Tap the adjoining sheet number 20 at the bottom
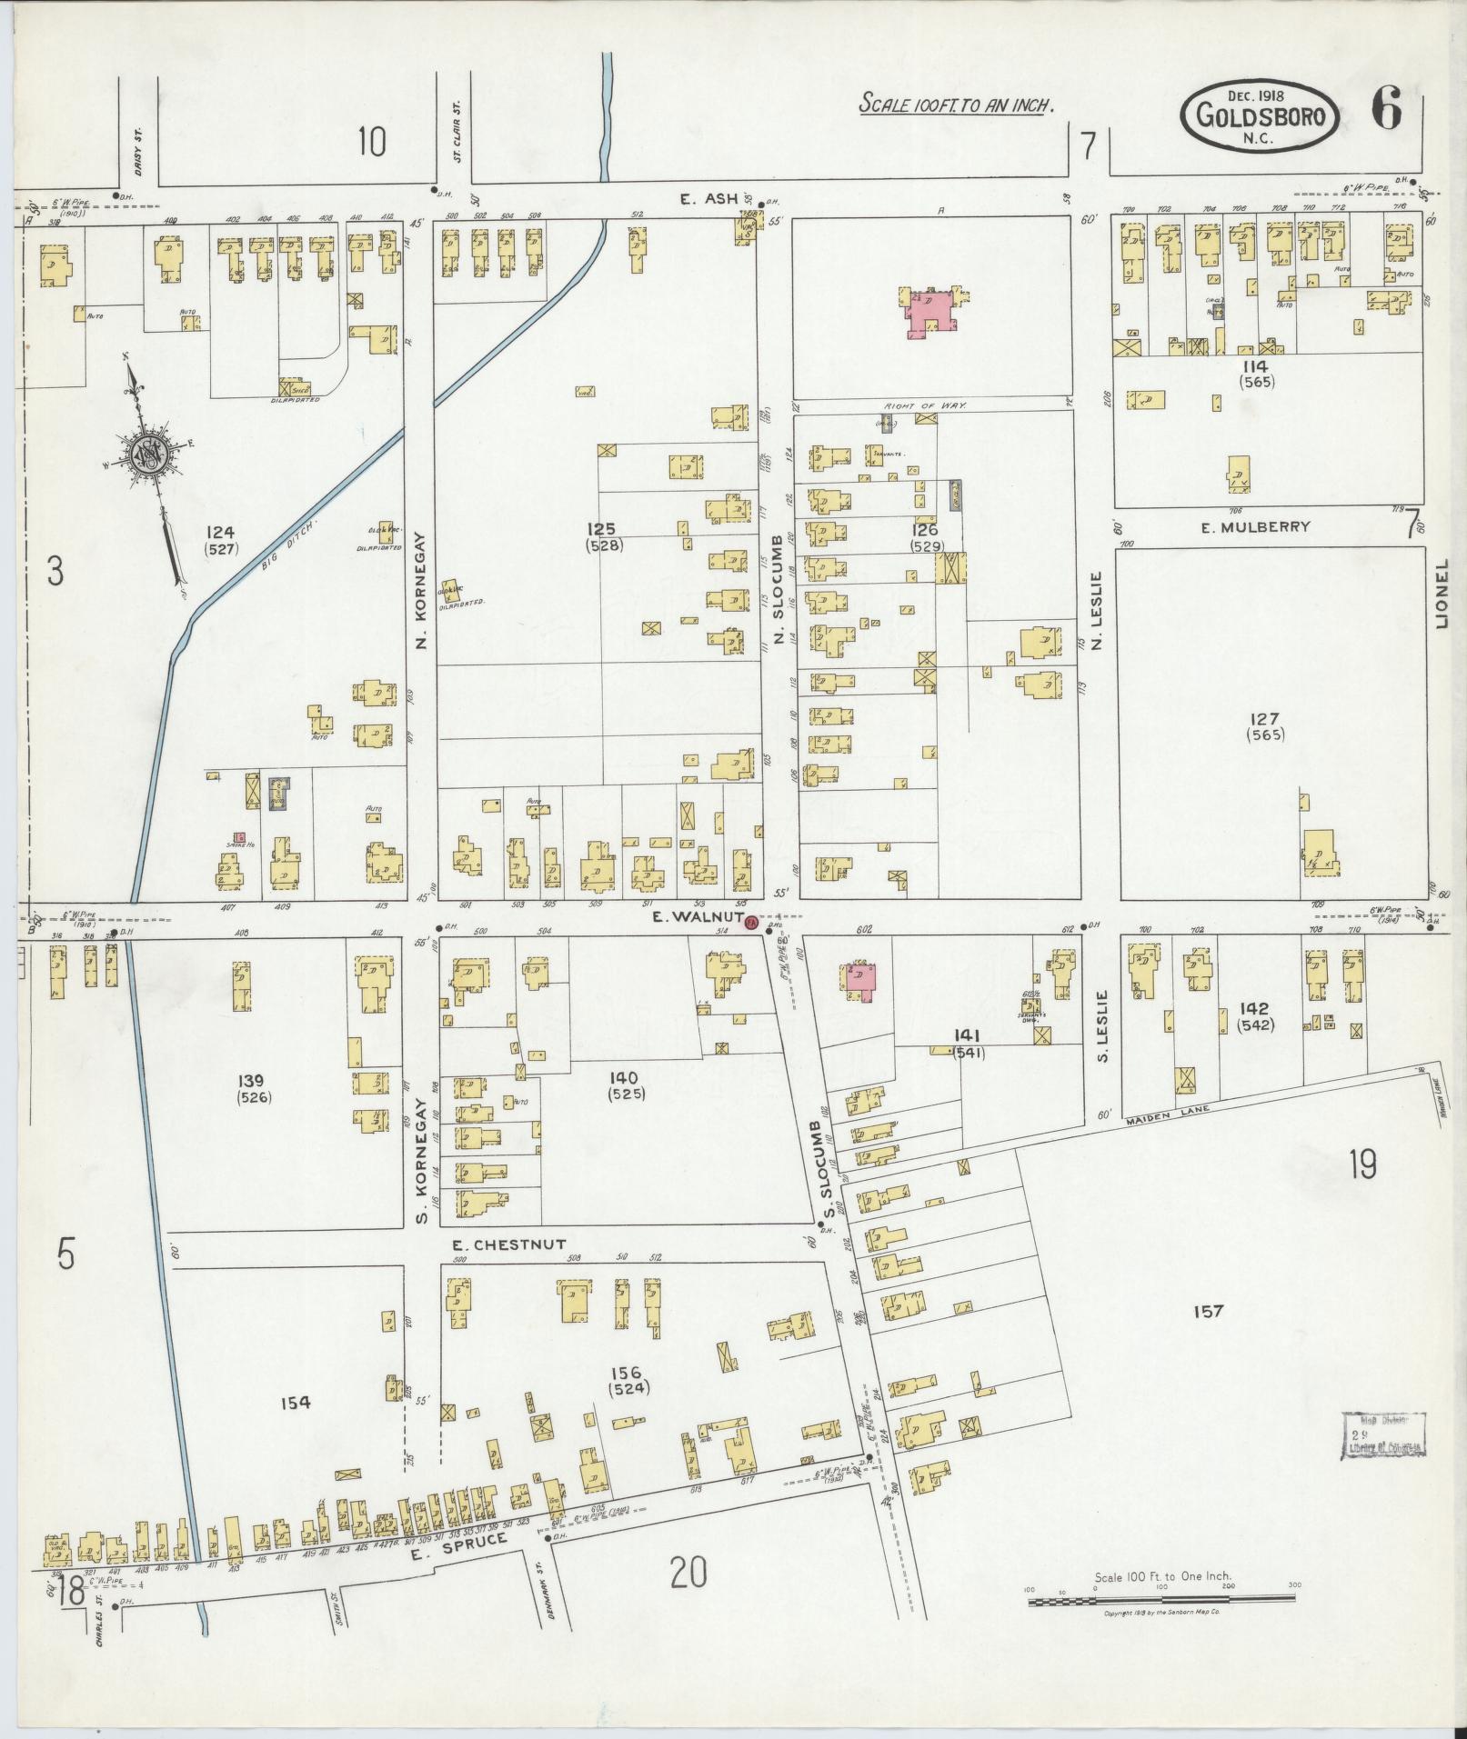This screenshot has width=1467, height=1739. [x=688, y=1572]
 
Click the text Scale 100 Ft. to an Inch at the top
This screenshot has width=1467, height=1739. [x=957, y=105]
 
